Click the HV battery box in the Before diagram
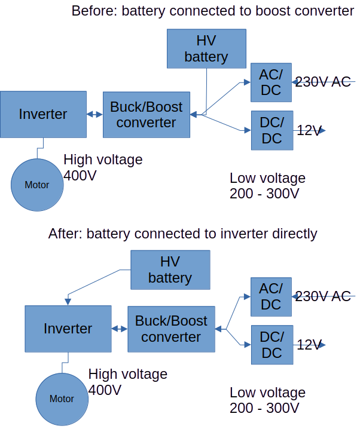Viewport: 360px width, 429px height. coord(206,48)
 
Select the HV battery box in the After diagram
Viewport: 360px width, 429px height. coord(170,269)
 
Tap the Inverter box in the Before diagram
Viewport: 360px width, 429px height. coord(43,114)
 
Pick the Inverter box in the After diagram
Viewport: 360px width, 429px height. coord(68,328)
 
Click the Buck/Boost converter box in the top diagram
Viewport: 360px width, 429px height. coord(147,114)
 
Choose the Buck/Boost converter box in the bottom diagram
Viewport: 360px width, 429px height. coord(171,329)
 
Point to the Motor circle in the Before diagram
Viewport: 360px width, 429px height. coord(36,185)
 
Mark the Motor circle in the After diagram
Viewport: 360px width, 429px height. coord(62,399)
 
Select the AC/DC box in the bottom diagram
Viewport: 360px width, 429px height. coord(271,296)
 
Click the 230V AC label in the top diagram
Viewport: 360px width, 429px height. coord(324,82)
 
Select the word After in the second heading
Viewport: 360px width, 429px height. coord(65,233)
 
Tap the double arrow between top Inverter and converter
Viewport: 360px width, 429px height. coord(94,114)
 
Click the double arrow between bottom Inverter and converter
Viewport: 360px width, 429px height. coord(119,329)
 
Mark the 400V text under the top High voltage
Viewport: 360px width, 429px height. coord(80,176)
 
